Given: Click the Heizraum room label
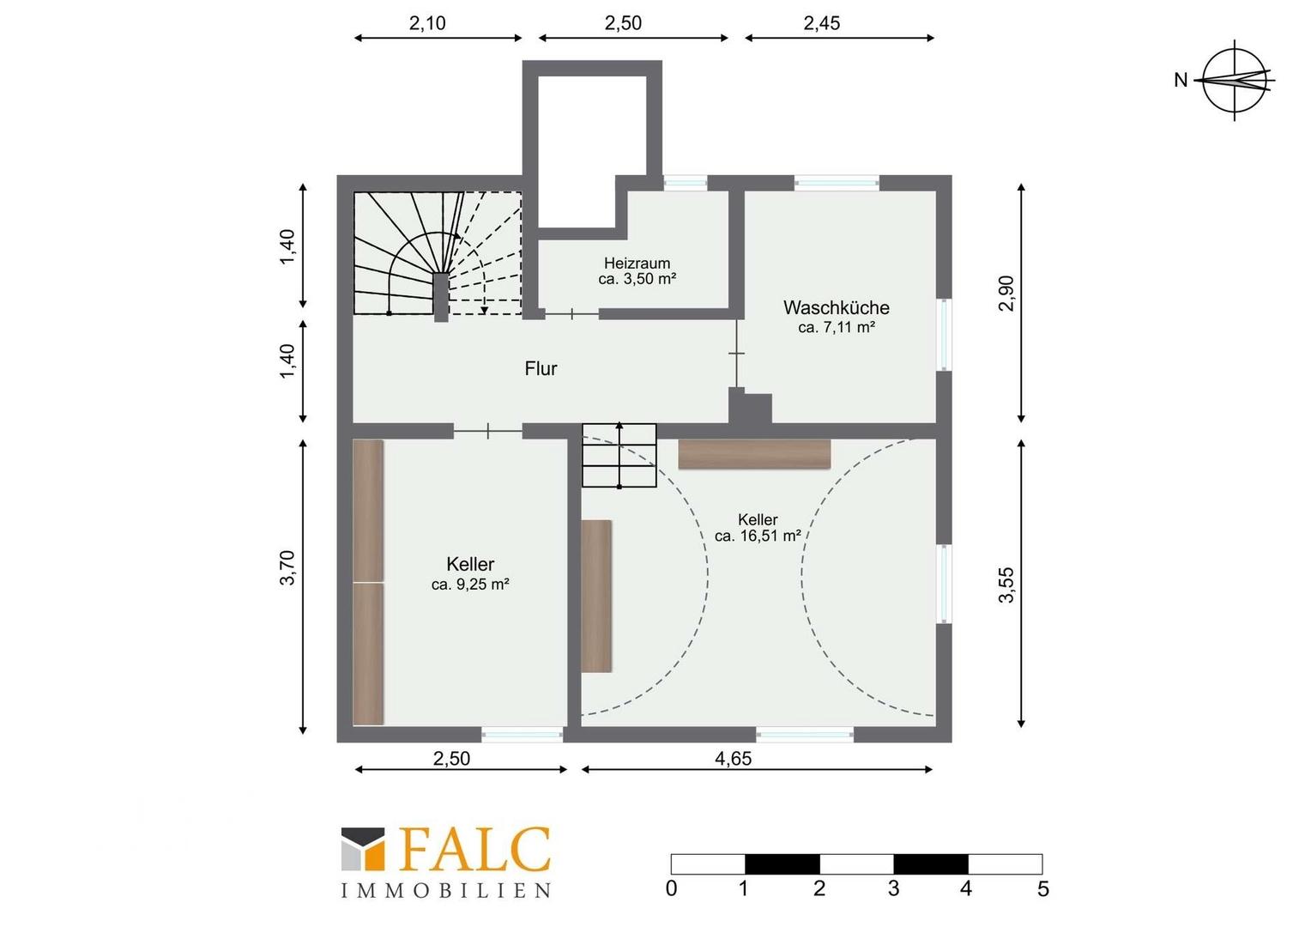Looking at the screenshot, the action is coord(637,264).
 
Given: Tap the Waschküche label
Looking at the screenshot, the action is coord(837,307).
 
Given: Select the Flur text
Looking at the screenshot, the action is coord(541,368).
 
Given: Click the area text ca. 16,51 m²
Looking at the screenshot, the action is coord(758,536).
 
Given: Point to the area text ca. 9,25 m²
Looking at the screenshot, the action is coord(470,584).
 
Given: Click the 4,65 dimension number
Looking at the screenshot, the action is coord(734,759).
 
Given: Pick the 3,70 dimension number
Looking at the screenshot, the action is coord(288,567).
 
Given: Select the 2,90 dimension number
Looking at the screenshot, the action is coord(1006,294).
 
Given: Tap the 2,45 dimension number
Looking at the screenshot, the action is coord(822,23).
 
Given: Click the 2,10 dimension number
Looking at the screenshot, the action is coord(427,23).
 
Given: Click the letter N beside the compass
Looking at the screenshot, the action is coord(1181,80).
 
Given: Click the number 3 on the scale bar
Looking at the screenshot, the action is coord(893,888).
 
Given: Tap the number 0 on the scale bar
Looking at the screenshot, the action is coord(671,888).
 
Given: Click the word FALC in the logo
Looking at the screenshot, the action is coord(476,849).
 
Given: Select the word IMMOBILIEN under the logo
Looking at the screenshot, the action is coord(446,891).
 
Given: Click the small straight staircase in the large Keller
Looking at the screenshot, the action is coord(619,456).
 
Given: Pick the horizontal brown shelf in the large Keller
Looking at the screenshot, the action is coord(754,454).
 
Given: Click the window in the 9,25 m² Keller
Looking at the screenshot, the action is coord(522,735).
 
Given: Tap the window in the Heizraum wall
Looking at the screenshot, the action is coord(686,183).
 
